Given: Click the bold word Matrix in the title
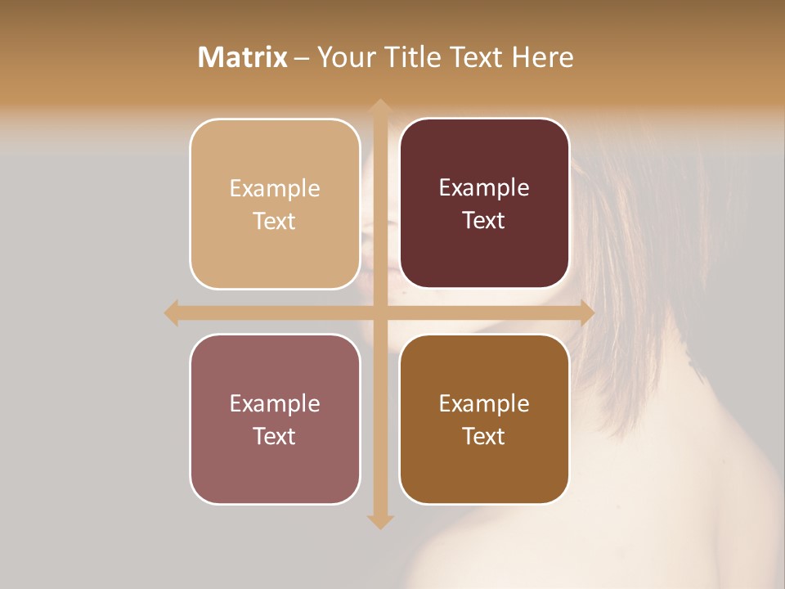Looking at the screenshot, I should coord(243,57).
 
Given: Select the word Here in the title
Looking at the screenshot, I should coord(542,57).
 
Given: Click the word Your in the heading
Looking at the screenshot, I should coord(344,57).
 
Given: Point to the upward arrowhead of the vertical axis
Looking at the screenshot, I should coord(379,106).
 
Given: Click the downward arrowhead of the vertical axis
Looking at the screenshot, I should coord(379,521).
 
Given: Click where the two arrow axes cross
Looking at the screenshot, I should coord(379,312).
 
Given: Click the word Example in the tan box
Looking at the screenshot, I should coord(275,189).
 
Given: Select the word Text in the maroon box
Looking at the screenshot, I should coord(484,221).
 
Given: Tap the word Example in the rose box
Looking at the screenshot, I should coord(275,404).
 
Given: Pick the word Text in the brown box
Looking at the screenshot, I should coord(484,436).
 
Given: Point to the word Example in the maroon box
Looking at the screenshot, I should coord(484,188).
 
